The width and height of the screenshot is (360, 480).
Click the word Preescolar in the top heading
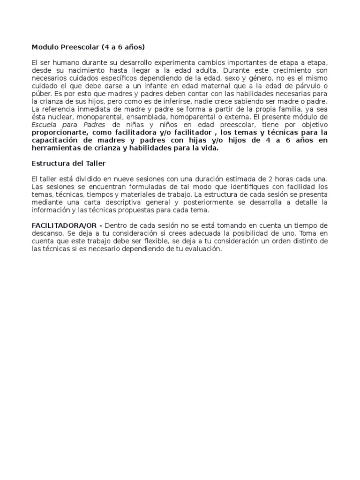coord(75,47)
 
